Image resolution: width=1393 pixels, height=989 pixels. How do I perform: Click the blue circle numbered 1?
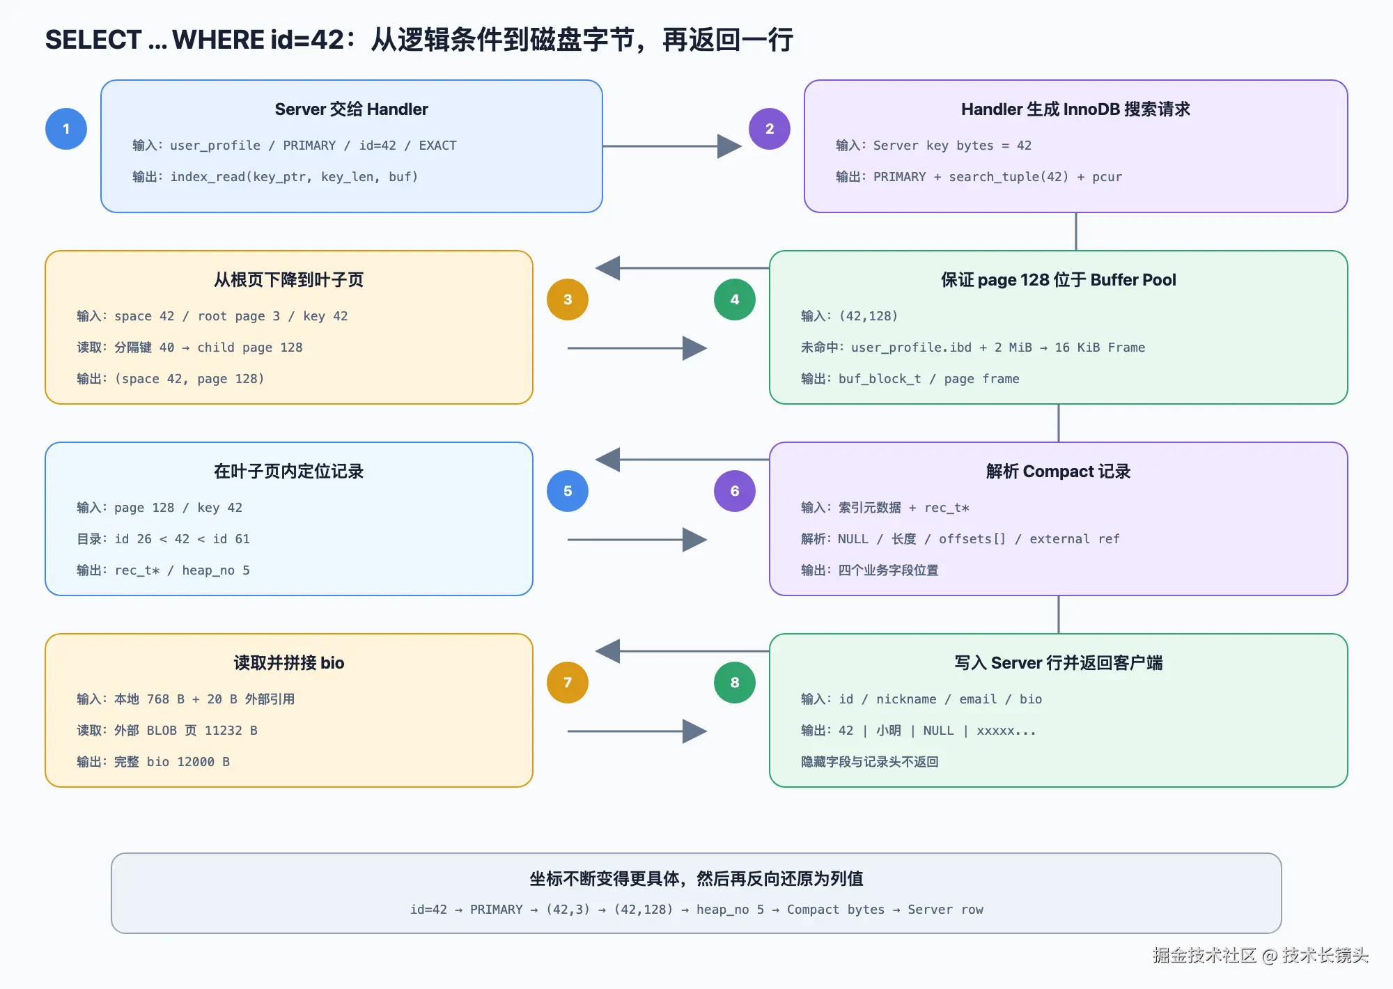pyautogui.click(x=66, y=129)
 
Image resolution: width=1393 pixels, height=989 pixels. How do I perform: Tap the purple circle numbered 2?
pyautogui.click(x=770, y=129)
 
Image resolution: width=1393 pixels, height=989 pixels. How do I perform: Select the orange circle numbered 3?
pyautogui.click(x=568, y=299)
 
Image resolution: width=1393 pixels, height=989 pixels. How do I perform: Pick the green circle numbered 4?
pyautogui.click(x=735, y=299)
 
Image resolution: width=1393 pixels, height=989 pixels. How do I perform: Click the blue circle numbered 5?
pyautogui.click(x=568, y=491)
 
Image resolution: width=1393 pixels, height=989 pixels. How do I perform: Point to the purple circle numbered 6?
pyautogui.click(x=735, y=491)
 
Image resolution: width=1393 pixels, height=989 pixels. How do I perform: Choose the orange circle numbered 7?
pyautogui.click(x=568, y=683)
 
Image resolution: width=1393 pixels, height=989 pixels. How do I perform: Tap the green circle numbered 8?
pyautogui.click(x=735, y=683)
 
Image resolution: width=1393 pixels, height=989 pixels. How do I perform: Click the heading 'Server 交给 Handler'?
pyautogui.click(x=351, y=109)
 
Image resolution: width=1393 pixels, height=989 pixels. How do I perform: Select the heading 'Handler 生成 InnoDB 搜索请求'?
pyautogui.click(x=1075, y=109)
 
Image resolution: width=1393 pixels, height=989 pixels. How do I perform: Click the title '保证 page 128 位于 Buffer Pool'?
pyautogui.click(x=1058, y=280)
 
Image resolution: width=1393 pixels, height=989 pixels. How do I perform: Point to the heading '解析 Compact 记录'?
pyautogui.click(x=1058, y=472)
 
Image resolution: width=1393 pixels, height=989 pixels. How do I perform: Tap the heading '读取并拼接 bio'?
pyautogui.click(x=289, y=663)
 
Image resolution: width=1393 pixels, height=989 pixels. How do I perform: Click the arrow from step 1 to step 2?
pyautogui.click(x=672, y=146)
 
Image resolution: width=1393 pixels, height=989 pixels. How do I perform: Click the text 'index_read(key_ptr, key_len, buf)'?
pyautogui.click(x=294, y=177)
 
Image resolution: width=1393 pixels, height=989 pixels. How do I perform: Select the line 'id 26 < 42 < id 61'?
pyautogui.click(x=182, y=539)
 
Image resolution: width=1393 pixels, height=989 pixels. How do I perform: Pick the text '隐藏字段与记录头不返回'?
pyautogui.click(x=870, y=762)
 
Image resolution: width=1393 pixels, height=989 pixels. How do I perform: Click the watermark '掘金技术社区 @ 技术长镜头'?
pyautogui.click(x=1260, y=955)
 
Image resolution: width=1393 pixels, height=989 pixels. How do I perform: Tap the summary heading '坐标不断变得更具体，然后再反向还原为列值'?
pyautogui.click(x=696, y=879)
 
